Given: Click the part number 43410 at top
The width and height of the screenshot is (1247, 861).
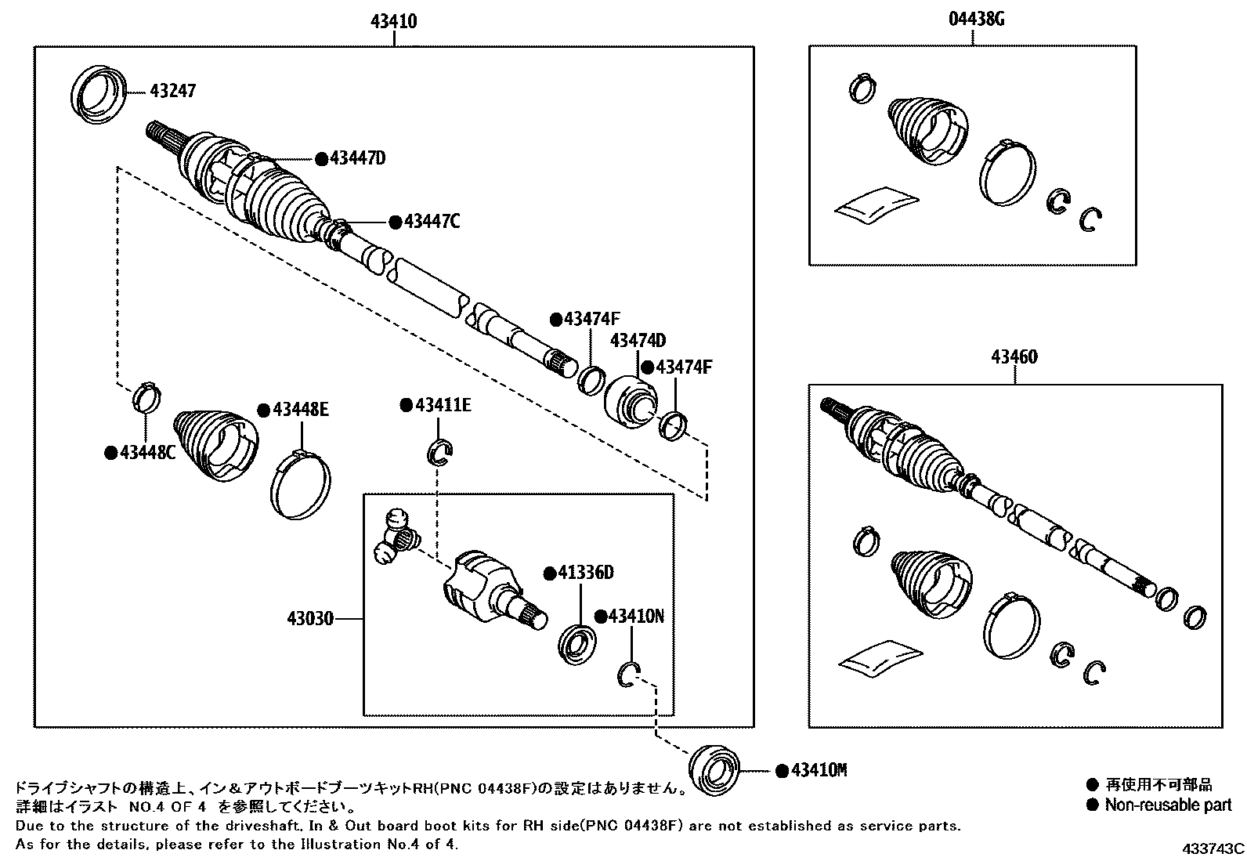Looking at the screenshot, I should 393,22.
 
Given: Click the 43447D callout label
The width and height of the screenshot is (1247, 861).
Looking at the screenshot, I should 357,158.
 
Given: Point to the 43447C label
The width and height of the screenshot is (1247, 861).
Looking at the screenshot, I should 432,222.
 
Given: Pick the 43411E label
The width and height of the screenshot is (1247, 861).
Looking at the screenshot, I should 442,405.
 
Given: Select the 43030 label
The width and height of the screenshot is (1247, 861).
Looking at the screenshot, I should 312,619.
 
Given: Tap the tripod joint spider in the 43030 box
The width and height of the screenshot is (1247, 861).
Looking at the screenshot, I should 396,537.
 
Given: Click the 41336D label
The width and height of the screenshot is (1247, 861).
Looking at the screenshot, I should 584,573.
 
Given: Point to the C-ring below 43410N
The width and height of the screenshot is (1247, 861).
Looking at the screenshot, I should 627,675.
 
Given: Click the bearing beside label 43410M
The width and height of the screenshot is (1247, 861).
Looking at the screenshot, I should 714,770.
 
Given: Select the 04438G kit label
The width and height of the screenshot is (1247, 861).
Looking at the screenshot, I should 976,20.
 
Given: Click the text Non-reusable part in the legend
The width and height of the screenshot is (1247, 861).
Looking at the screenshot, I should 1167,805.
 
